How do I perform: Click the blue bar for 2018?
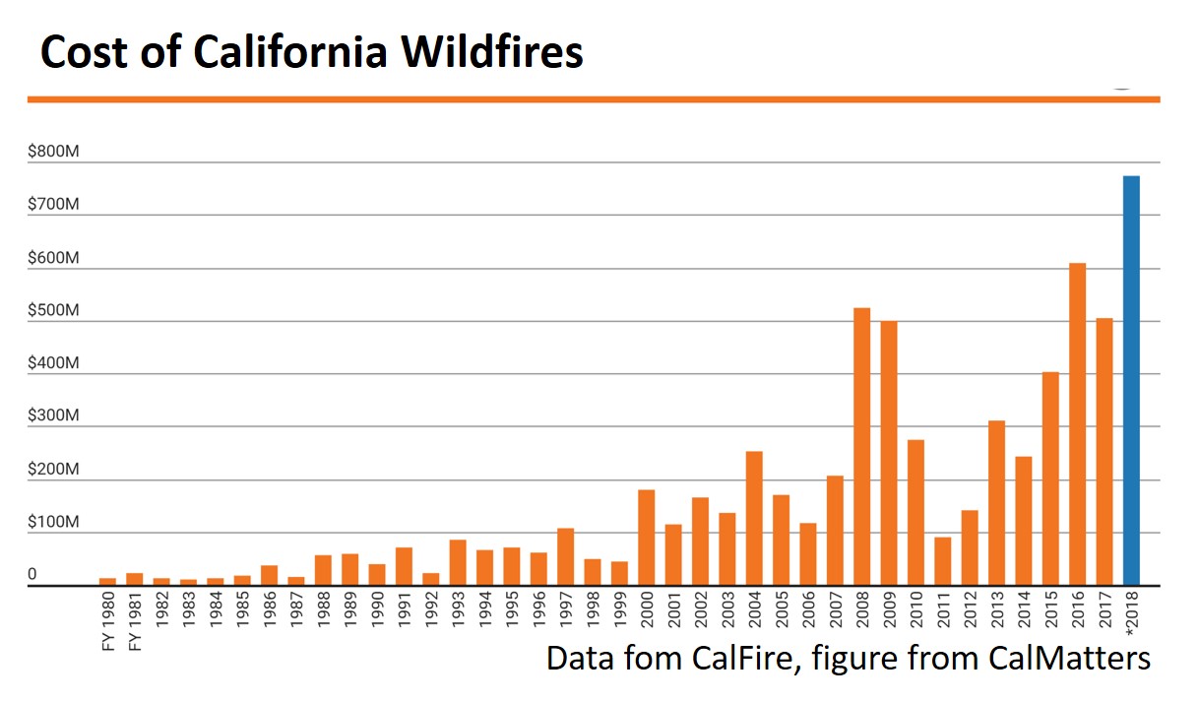pyautogui.click(x=1131, y=381)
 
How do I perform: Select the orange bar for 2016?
pyautogui.click(x=1078, y=424)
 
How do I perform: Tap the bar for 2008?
pyautogui.click(x=861, y=447)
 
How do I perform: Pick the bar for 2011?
pyautogui.click(x=943, y=561)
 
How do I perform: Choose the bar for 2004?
pyautogui.click(x=754, y=518)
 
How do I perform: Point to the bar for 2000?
pyautogui.click(x=646, y=538)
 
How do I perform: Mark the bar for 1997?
pyautogui.click(x=565, y=557)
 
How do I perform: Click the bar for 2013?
pyautogui.click(x=996, y=503)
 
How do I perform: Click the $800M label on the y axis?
pyautogui.click(x=53, y=151)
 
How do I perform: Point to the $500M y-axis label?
pyautogui.click(x=53, y=310)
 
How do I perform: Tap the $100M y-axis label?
pyautogui.click(x=53, y=522)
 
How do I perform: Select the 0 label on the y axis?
pyautogui.click(x=32, y=574)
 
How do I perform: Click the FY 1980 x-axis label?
pyautogui.click(x=108, y=621)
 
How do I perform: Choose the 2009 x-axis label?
pyautogui.click(x=889, y=609)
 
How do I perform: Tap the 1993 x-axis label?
pyautogui.click(x=458, y=609)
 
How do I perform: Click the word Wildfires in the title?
pyautogui.click(x=492, y=52)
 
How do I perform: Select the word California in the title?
pyautogui.click(x=289, y=52)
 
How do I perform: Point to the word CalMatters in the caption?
pyautogui.click(x=1069, y=658)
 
